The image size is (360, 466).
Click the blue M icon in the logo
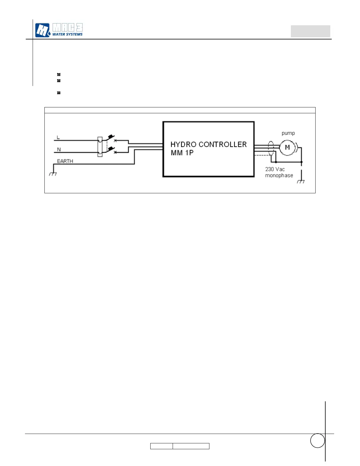[42, 30]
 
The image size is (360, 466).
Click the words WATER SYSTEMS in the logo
[67, 34]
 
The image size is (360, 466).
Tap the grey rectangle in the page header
[310, 31]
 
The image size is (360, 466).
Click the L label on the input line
[58, 137]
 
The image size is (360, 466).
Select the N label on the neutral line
[59, 149]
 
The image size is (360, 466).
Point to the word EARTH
[65, 161]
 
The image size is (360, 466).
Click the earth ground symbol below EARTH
[53, 174]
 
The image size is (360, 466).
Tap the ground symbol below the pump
[301, 182]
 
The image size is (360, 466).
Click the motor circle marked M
[287, 147]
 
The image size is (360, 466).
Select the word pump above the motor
[288, 133]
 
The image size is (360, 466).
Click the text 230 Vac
[275, 169]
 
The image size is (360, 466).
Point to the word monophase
[279, 175]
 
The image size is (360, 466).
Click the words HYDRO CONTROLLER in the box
[209, 144]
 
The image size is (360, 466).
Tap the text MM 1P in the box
[182, 153]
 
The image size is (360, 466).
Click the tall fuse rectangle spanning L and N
[100, 147]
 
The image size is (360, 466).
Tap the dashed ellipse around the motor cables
[271, 149]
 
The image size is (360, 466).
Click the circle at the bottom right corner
[317, 440]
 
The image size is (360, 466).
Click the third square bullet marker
[59, 93]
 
